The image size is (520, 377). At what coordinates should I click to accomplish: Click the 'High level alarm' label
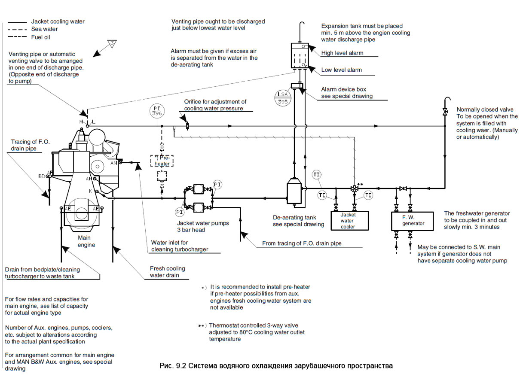(342, 53)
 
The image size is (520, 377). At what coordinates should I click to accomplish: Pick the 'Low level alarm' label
(341, 70)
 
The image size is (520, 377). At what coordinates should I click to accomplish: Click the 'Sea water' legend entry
(44, 29)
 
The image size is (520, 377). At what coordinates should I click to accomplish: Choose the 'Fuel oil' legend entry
(42, 37)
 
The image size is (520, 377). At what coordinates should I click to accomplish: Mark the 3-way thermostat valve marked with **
(354, 188)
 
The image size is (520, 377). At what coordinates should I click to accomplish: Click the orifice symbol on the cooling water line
(187, 126)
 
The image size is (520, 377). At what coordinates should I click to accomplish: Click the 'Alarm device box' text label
(343, 89)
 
